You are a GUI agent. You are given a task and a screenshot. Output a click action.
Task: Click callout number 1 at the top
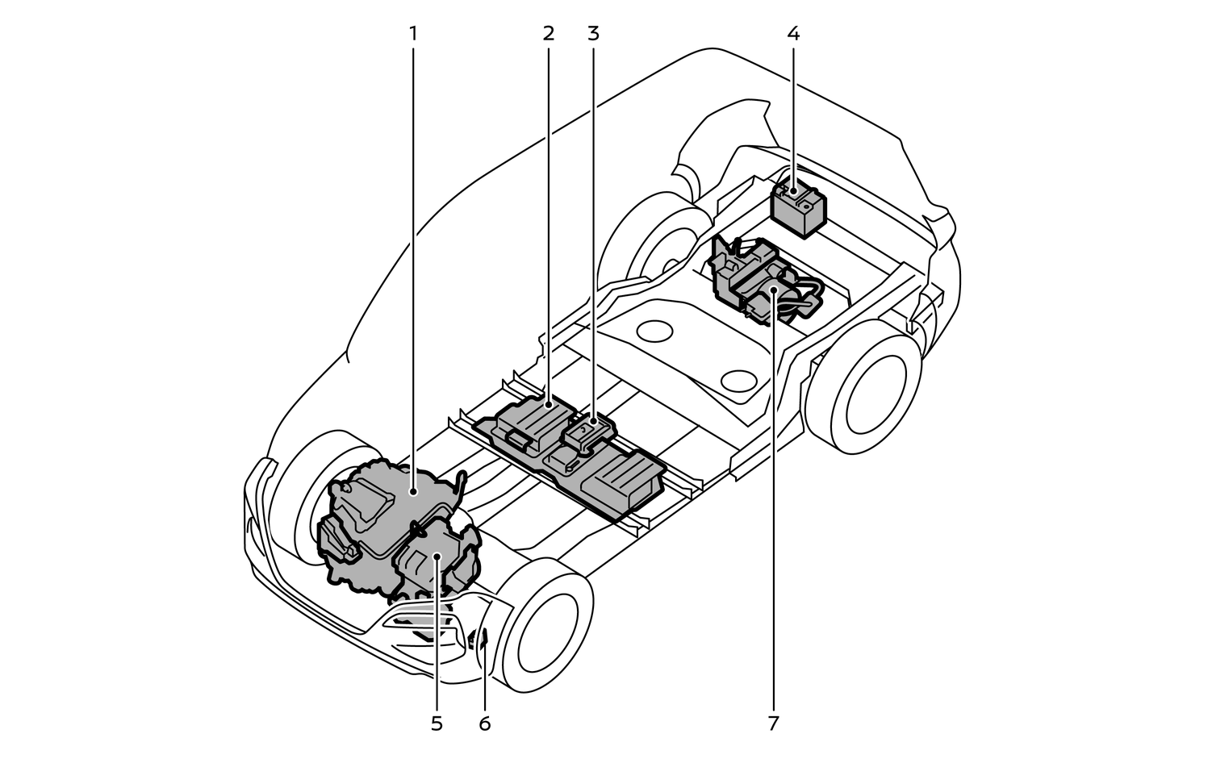coord(413,34)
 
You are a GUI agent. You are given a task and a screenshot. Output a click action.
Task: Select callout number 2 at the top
coord(549,34)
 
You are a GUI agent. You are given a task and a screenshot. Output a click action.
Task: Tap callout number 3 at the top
coord(594,34)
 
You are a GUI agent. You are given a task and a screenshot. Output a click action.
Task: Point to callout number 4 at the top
coord(793,34)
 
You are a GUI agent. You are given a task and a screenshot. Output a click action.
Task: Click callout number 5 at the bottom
coord(437,723)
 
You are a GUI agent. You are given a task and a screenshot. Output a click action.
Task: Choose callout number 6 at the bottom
coord(484,723)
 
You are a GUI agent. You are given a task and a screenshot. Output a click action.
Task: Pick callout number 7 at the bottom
coord(773,723)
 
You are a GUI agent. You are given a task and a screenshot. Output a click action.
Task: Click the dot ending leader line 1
coord(413,490)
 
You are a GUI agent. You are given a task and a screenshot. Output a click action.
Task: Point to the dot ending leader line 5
coord(437,556)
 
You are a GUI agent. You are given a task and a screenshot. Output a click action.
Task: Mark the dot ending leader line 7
coord(773,289)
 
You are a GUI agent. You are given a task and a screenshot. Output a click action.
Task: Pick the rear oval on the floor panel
coord(654,331)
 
